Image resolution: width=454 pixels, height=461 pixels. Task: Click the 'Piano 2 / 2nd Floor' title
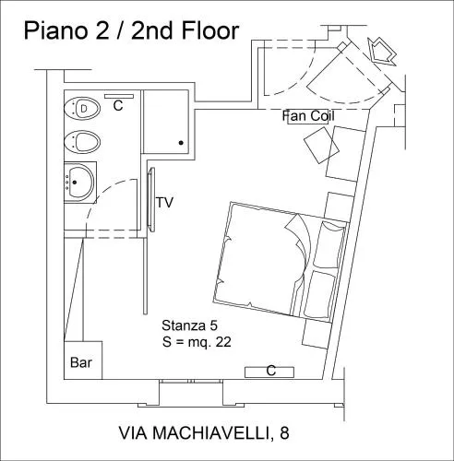[131, 31]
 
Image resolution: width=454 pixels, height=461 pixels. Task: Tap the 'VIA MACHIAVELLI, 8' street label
[204, 432]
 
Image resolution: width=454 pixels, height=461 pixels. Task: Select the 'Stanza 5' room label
[189, 325]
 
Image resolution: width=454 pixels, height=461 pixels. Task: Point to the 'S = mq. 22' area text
[197, 342]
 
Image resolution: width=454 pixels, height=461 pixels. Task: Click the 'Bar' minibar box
[83, 361]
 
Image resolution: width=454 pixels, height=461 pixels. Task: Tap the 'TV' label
[165, 203]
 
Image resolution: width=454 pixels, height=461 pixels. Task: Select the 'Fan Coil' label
[308, 116]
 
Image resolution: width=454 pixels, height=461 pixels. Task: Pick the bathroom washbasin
[80, 182]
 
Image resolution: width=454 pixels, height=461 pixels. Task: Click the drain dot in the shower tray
[181, 143]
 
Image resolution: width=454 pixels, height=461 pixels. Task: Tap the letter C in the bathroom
[118, 105]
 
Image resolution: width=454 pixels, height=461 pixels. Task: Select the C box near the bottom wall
[269, 372]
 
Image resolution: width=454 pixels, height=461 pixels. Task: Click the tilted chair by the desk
[321, 145]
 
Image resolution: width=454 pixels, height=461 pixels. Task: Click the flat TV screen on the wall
[151, 199]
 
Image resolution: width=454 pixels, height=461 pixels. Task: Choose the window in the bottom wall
[191, 381]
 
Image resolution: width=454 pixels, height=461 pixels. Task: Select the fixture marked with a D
[82, 109]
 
